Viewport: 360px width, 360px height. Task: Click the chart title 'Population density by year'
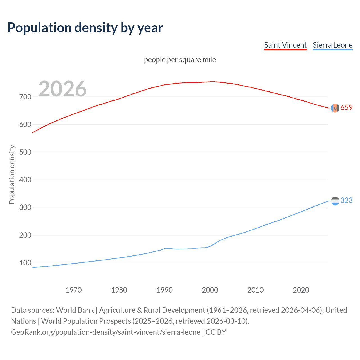pyautogui.click(x=85, y=28)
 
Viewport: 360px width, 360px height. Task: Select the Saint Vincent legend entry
pyautogui.click(x=285, y=45)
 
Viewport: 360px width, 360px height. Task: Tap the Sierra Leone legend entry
pyautogui.click(x=332, y=45)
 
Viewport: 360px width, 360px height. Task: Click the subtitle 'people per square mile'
pyautogui.click(x=180, y=60)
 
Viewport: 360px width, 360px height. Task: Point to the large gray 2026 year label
pyautogui.click(x=62, y=89)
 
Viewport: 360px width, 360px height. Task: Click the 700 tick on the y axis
pyautogui.click(x=25, y=97)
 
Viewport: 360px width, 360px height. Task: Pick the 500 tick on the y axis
pyautogui.click(x=25, y=152)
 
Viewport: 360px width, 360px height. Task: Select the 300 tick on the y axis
pyautogui.click(x=25, y=208)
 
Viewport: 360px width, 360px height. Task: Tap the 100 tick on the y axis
pyautogui.click(x=25, y=263)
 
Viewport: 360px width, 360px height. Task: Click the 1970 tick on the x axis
pyautogui.click(x=74, y=290)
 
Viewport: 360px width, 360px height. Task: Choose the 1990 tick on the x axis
pyautogui.click(x=165, y=290)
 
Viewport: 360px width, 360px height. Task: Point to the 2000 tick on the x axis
pyautogui.click(x=210, y=290)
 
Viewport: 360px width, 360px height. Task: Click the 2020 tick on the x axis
pyautogui.click(x=301, y=290)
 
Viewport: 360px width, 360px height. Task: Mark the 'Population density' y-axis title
pyautogui.click(x=12, y=174)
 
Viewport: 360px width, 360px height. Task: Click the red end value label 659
pyautogui.click(x=346, y=108)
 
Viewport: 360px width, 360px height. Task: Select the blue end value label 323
pyautogui.click(x=346, y=200)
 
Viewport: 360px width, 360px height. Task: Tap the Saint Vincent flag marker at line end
pyautogui.click(x=335, y=108)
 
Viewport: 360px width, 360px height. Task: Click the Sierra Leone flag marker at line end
pyautogui.click(x=335, y=201)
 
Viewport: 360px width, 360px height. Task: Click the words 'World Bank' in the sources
pyautogui.click(x=75, y=310)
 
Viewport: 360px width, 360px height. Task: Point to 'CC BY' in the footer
pyautogui.click(x=216, y=332)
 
